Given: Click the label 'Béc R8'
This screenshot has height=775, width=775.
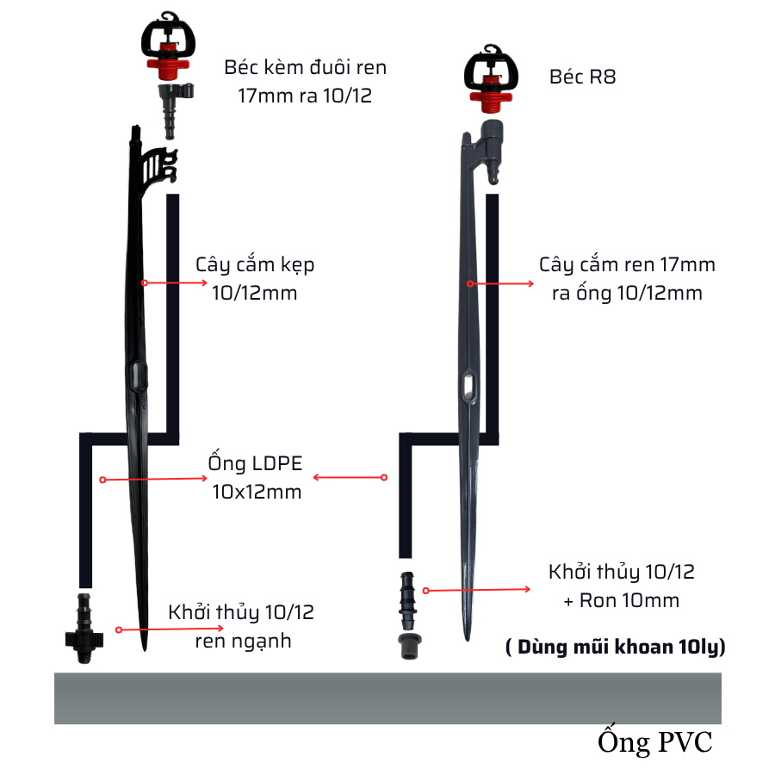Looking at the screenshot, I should (x=583, y=77).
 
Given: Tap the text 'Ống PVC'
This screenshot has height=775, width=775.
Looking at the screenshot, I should (x=655, y=742).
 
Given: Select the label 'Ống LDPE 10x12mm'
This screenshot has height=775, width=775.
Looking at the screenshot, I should (x=256, y=477).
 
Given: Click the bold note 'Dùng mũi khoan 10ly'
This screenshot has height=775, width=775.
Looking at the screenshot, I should (x=615, y=648).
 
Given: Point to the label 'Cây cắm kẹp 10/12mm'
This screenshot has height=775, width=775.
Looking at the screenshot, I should (x=255, y=278).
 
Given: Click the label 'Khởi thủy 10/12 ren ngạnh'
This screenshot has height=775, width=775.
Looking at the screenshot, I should (x=241, y=626).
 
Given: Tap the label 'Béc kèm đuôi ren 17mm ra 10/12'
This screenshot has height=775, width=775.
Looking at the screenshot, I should (x=305, y=81).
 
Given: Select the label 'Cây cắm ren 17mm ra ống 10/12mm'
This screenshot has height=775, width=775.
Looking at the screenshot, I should (x=627, y=278).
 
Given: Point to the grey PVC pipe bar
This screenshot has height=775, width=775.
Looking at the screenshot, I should (x=387, y=697).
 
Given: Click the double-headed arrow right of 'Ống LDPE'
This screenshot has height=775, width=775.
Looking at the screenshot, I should (x=349, y=477).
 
